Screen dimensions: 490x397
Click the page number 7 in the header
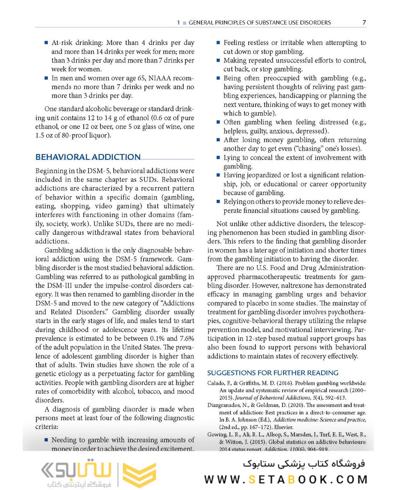click(x=364, y=22)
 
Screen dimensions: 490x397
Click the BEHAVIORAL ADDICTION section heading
click(x=88, y=157)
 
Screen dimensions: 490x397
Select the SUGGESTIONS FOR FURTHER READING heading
click(x=273, y=372)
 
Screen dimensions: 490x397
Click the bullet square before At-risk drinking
click(x=46, y=43)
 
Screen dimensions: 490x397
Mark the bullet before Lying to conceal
click(x=218, y=158)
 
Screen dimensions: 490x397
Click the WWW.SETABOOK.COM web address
click(x=286, y=480)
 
